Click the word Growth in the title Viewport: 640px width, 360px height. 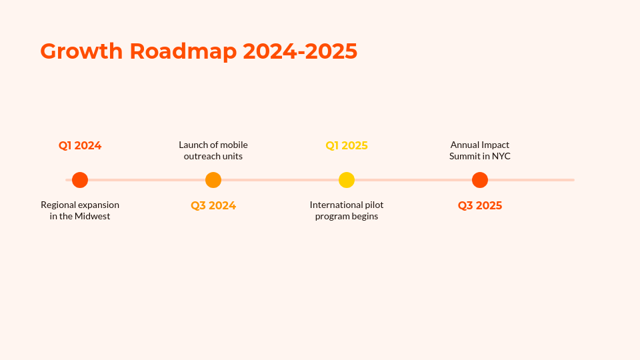pyautogui.click(x=81, y=51)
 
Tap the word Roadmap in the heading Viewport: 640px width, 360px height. pyautogui.click(x=183, y=52)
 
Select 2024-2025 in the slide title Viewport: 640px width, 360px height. pyautogui.click(x=300, y=51)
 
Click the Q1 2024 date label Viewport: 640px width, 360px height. pyautogui.click(x=80, y=146)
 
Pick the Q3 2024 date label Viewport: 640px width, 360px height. pyautogui.click(x=213, y=206)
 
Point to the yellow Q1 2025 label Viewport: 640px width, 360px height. pyautogui.click(x=347, y=146)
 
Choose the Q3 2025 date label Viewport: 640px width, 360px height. pyautogui.click(x=480, y=206)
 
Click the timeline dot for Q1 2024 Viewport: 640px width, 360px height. pyautogui.click(x=80, y=180)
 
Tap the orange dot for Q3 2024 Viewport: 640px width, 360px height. pyautogui.click(x=213, y=180)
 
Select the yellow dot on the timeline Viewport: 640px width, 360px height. pyautogui.click(x=347, y=180)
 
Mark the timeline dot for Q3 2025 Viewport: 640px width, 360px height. pyautogui.click(x=480, y=180)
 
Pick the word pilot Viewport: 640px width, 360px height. pyautogui.click(x=374, y=205)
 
